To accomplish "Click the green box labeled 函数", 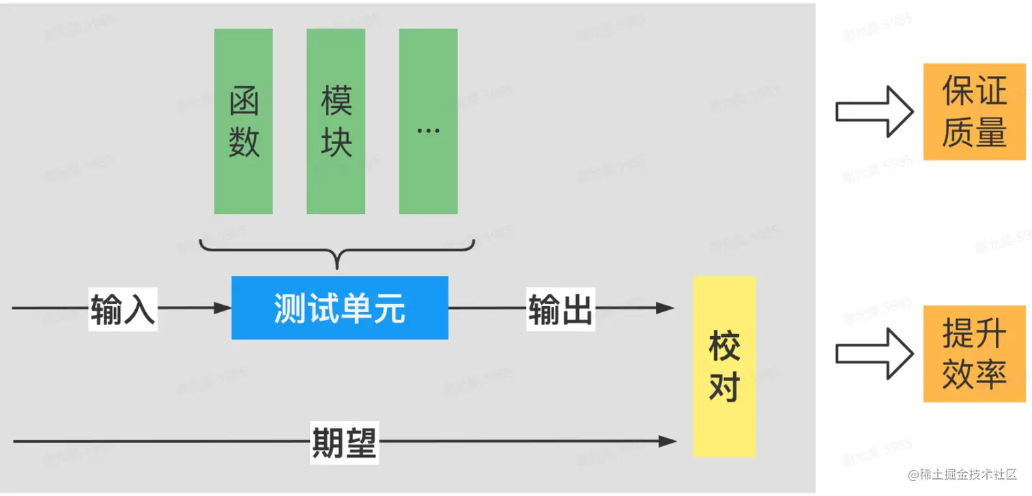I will [244, 122].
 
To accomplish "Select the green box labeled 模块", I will [336, 122].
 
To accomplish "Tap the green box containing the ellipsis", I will [428, 122].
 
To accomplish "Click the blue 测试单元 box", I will [340, 308].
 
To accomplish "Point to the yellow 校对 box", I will [724, 366].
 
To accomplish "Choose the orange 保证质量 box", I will [974, 112].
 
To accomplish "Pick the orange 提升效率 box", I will [974, 354].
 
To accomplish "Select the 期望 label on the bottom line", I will [344, 443].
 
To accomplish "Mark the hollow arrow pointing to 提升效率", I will [874, 354].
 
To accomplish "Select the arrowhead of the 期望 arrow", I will [667, 441].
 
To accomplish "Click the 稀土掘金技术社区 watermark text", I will [963, 475].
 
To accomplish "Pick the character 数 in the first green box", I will [244, 142].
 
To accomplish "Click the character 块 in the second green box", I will [336, 142].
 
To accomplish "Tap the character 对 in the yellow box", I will [724, 387].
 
